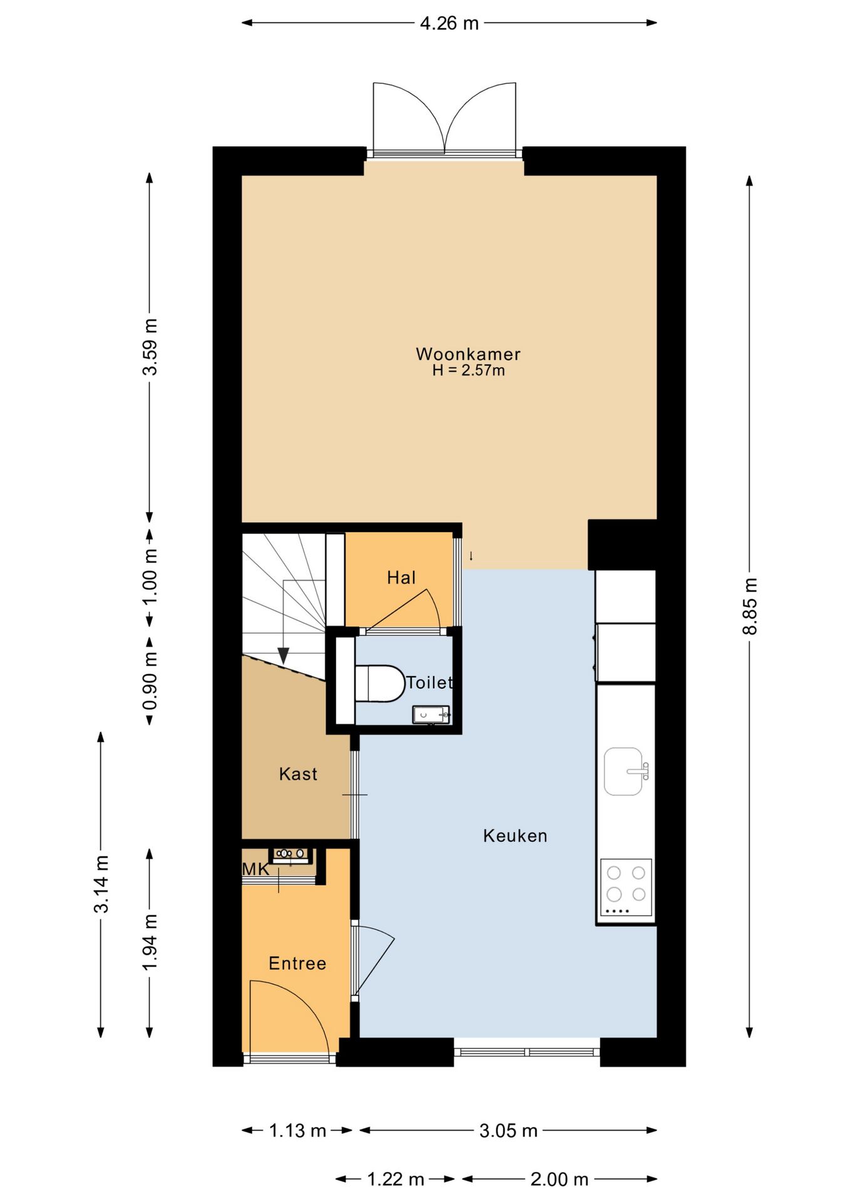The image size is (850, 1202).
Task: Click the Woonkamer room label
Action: pyautogui.click(x=468, y=354)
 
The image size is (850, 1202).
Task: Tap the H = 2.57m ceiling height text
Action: pyautogui.click(x=468, y=370)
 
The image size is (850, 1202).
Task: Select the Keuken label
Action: pyautogui.click(x=515, y=836)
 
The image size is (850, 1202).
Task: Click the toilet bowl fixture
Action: pyautogui.click(x=379, y=683)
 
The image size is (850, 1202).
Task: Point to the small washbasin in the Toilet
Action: pyautogui.click(x=431, y=715)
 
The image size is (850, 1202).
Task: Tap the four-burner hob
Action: pyautogui.click(x=626, y=887)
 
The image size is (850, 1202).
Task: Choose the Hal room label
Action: pyautogui.click(x=401, y=577)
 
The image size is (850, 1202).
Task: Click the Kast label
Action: pyautogui.click(x=298, y=774)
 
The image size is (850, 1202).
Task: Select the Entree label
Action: pyautogui.click(x=297, y=963)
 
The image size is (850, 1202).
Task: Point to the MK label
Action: pyautogui.click(x=255, y=869)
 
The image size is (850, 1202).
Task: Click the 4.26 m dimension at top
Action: pyautogui.click(x=449, y=23)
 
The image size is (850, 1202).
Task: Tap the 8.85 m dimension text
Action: pyautogui.click(x=749, y=605)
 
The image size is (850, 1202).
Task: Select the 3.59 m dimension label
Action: pyautogui.click(x=150, y=346)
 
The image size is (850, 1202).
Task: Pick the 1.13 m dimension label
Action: pyautogui.click(x=297, y=1130)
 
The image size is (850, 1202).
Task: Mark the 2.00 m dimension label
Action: pyautogui.click(x=559, y=1179)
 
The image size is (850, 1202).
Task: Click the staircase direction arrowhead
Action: pyautogui.click(x=284, y=655)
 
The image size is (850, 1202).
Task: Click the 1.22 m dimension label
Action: pyautogui.click(x=396, y=1179)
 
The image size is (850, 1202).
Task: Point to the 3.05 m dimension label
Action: pyautogui.click(x=508, y=1130)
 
